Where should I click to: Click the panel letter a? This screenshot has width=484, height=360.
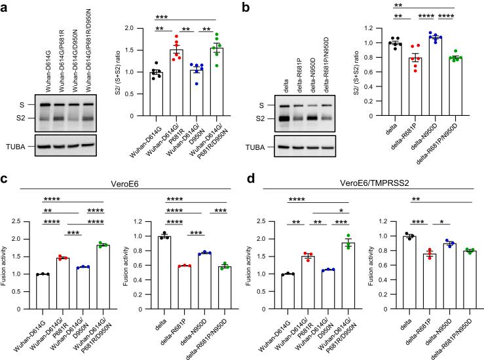click(6, 7)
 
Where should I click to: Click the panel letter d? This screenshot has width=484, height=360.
click(253, 174)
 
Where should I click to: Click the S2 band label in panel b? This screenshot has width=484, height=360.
click(263, 120)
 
